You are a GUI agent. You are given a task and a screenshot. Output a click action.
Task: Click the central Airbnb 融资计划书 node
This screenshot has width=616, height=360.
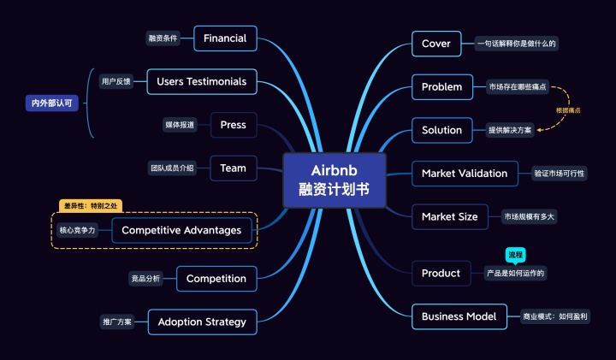coord(334,180)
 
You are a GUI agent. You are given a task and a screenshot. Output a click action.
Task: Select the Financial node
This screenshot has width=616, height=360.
coord(225,38)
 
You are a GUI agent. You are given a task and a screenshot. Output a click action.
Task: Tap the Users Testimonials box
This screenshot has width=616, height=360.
coord(202,81)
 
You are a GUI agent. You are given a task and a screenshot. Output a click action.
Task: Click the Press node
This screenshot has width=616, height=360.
coord(233,125)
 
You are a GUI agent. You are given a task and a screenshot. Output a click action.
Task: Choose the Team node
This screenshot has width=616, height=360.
coord(233,168)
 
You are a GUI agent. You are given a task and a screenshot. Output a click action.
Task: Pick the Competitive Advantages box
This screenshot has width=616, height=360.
coord(181,230)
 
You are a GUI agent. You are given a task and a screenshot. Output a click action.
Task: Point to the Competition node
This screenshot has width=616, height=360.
coord(216,278)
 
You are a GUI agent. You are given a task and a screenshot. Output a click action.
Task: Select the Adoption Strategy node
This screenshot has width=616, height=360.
coord(202,322)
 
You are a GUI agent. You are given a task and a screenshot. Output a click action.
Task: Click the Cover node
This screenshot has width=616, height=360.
coord(436,43)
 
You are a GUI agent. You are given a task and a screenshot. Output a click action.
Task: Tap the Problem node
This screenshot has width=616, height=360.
coord(441,86)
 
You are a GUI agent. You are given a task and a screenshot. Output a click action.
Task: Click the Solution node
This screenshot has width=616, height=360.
coord(441,130)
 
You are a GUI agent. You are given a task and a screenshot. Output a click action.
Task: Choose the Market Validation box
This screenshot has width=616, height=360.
coord(465,173)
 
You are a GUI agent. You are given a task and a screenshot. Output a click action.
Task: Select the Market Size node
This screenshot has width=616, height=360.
coord(450,216)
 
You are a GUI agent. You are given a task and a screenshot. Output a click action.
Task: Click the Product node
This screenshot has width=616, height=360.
coord(441,273)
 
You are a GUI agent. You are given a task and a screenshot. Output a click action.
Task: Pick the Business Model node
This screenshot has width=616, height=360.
coord(459,316)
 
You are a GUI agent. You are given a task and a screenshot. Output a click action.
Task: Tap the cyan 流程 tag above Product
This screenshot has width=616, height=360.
coord(516,255)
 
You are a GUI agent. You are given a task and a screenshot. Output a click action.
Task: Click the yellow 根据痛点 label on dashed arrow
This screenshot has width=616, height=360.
coord(568,110)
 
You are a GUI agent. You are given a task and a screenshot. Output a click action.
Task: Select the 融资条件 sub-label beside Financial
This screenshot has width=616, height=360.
coord(163,38)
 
